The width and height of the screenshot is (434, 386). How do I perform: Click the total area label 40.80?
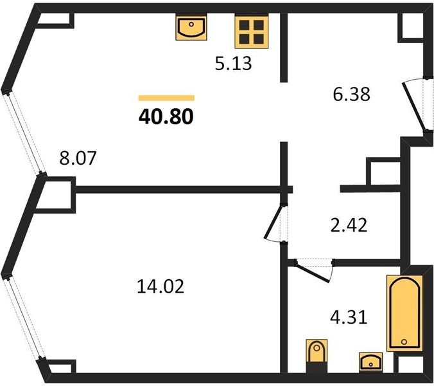pyautogui.click(x=166, y=116)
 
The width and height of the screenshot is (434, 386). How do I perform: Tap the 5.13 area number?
pyautogui.click(x=233, y=63)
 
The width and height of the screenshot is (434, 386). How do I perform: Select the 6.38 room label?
pyautogui.click(x=351, y=94)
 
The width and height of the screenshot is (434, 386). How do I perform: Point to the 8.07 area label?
pyautogui.click(x=78, y=158)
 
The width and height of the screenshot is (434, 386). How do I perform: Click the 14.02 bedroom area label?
pyautogui.click(x=161, y=286)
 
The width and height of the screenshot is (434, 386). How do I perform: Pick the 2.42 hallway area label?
pyautogui.click(x=349, y=225)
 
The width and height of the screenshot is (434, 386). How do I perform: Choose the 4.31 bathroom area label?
pyautogui.click(x=349, y=317)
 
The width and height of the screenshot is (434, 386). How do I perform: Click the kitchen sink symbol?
pyautogui.click(x=191, y=28)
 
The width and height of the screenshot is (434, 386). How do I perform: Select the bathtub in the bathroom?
pyautogui.click(x=404, y=313)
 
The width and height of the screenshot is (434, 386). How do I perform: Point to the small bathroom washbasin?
pyautogui.click(x=371, y=362)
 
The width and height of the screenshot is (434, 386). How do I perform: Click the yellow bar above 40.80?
pyautogui.click(x=166, y=98)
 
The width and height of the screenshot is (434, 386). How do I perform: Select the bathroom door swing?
pyautogui.click(x=314, y=270)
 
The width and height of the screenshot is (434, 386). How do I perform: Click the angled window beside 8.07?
pyautogui.click(x=24, y=133)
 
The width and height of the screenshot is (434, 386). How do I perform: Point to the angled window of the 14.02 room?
pyautogui.click(x=22, y=318)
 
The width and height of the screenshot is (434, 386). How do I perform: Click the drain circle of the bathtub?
pyautogui.click(x=404, y=342)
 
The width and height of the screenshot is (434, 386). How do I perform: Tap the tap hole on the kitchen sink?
pyautogui.click(x=191, y=24)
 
